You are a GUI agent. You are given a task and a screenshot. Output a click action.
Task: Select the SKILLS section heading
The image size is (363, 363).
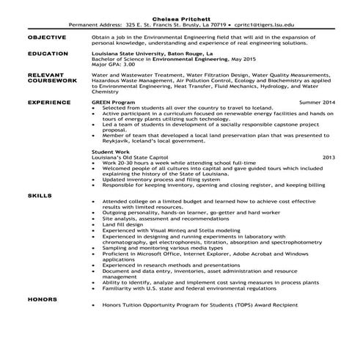[x=40, y=197]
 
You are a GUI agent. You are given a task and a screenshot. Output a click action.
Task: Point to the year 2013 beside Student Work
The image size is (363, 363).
[x=329, y=157]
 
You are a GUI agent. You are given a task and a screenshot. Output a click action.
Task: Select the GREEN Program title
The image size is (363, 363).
[x=115, y=103]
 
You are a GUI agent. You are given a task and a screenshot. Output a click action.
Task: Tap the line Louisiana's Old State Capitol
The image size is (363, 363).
[x=133, y=157]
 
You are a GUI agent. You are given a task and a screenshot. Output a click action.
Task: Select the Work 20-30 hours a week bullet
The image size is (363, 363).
[x=168, y=162]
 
